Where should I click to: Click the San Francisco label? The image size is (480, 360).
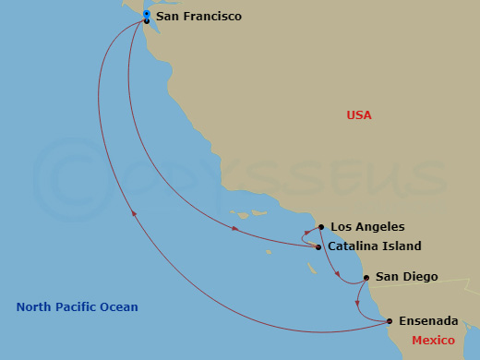pos(198,18)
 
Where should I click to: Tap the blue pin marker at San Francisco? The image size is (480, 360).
pos(147,14)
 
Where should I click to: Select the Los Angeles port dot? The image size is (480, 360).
pos(320,227)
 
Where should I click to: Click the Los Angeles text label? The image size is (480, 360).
pos(367,227)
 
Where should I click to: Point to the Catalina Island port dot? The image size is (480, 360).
pos(318,246)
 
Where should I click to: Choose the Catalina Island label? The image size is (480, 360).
pos(376,246)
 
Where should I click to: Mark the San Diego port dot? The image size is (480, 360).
pos(366,278)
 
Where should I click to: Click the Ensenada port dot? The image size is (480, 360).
pos(390,321)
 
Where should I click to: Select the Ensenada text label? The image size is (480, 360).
pos(429,321)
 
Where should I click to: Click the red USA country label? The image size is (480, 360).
pos(359,115)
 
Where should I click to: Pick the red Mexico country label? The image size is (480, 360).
pos(433,341)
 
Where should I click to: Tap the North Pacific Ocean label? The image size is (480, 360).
pos(77,307)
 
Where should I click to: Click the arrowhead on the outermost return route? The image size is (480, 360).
pos(135,214)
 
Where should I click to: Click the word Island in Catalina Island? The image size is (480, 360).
pos(402,246)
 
